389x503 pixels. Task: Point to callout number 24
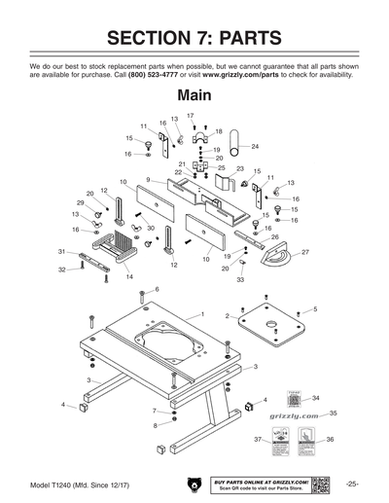pyautogui.click(x=255, y=146)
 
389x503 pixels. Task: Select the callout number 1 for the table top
pyautogui.click(x=201, y=314)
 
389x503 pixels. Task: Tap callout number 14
pyautogui.click(x=128, y=277)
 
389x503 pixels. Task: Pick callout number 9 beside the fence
pyautogui.click(x=148, y=180)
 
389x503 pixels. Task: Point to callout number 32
pyautogui.click(x=60, y=269)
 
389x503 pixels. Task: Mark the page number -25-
pyautogui.click(x=351, y=484)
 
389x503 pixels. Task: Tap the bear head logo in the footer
pyautogui.click(x=192, y=484)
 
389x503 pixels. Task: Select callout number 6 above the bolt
pyautogui.click(x=157, y=290)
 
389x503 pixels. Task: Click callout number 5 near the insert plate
pyautogui.click(x=314, y=309)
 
